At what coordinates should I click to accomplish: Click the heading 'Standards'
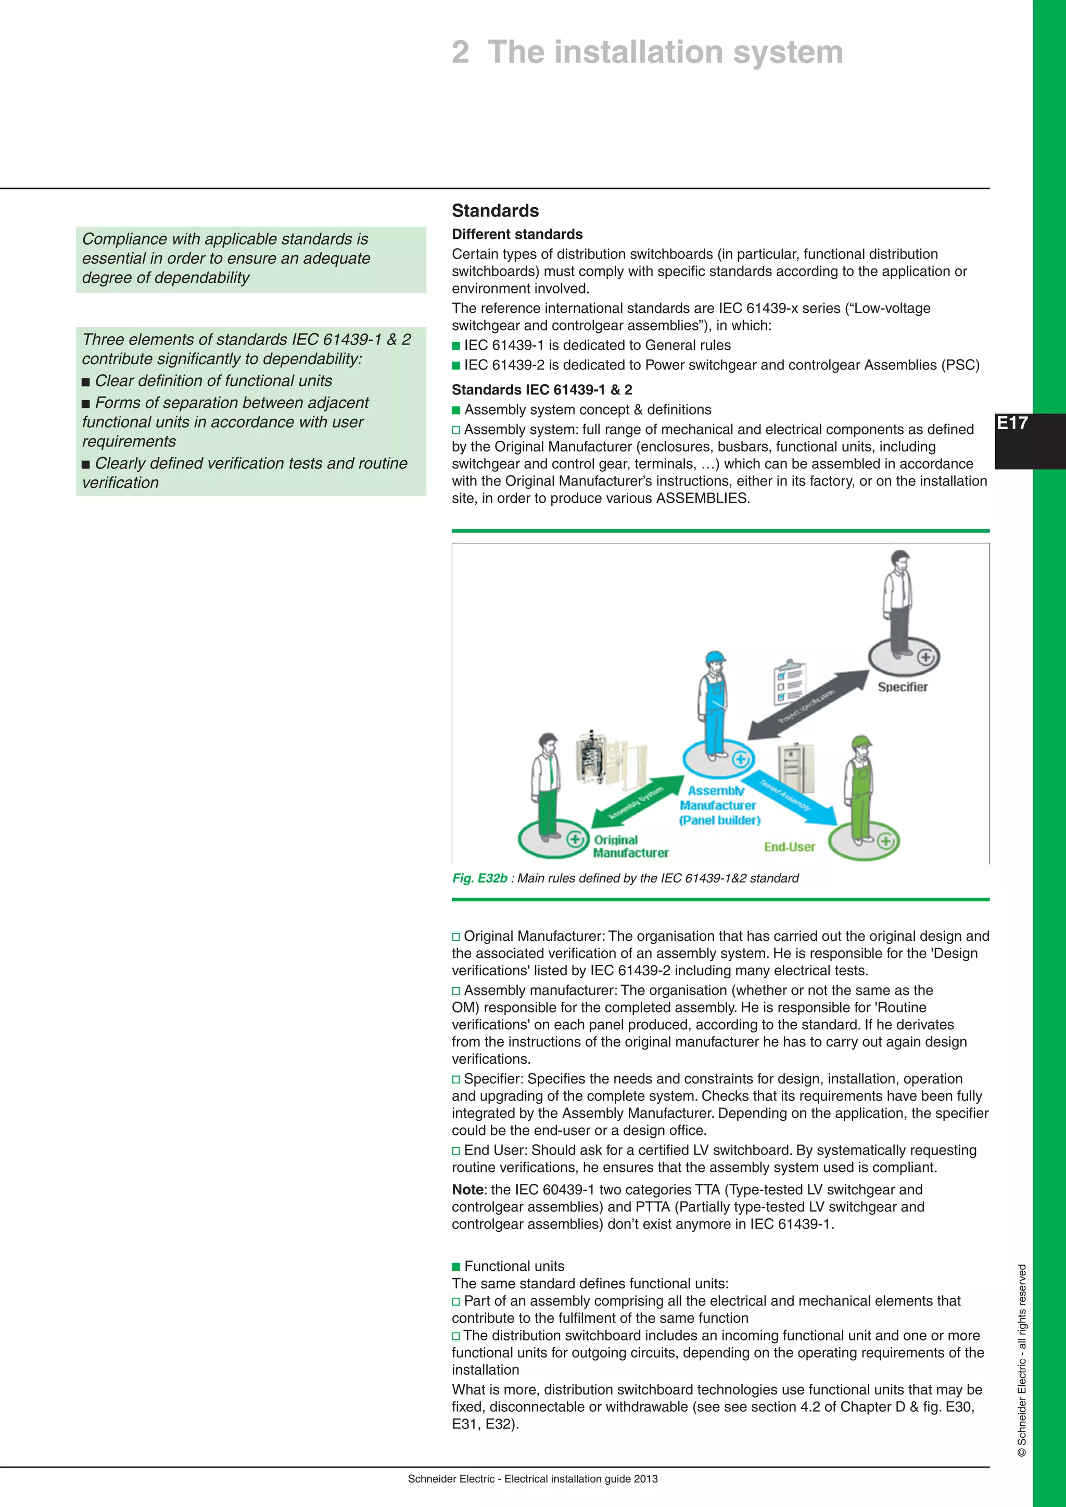point(495,211)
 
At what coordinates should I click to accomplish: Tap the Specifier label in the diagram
point(903,686)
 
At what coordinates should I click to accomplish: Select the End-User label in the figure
point(789,847)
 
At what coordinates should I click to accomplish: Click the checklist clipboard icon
point(790,683)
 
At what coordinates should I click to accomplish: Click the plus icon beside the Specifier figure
point(925,657)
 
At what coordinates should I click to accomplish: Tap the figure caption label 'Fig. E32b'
point(479,878)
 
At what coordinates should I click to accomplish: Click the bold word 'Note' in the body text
point(467,1190)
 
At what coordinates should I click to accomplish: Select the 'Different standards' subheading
point(516,234)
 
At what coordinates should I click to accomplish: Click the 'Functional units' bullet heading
point(514,1266)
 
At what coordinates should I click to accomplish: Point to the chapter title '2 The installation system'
point(646,52)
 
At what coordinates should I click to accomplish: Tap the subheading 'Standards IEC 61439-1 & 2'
point(541,390)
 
